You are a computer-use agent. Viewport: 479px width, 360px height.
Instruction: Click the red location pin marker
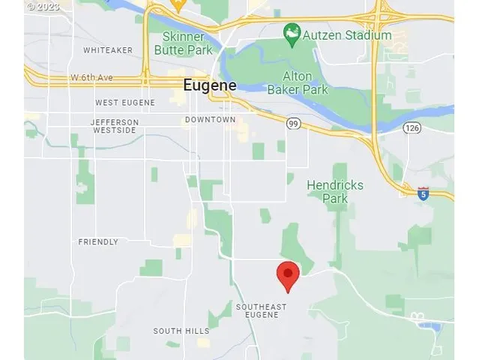coord(288,274)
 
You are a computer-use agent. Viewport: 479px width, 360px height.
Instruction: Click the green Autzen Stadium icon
coord(292,33)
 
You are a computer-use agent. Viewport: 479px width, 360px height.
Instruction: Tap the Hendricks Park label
coord(335,191)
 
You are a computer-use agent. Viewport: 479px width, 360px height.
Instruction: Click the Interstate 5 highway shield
coord(424,193)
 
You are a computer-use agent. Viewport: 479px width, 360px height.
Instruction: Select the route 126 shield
coord(411,128)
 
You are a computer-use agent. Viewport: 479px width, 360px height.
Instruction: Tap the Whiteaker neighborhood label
coord(108,50)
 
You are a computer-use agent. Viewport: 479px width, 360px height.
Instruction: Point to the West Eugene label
coord(124,102)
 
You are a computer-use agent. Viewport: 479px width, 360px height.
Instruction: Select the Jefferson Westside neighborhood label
coord(115,126)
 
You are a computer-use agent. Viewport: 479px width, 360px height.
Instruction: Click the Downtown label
coord(210,119)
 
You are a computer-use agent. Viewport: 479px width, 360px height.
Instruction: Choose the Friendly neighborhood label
coord(98,241)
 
